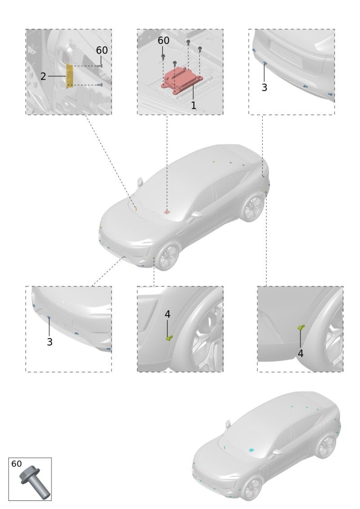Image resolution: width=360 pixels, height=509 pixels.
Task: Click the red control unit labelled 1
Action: pos(182,80)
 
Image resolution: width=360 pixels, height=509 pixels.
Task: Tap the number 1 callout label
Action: pos(193,105)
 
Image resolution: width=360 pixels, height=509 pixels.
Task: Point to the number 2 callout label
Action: pos(43,76)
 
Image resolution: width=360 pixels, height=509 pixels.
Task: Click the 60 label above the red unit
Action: pos(163,40)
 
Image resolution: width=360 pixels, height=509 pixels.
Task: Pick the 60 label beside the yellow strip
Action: pos(102,50)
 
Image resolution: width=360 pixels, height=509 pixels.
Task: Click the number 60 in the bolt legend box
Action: pos(17,464)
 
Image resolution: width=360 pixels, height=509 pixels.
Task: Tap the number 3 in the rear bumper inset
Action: pos(264,87)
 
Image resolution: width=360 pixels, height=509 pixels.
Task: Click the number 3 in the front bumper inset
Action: pos(49,342)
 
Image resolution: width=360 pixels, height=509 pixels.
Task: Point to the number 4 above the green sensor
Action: pos(167,314)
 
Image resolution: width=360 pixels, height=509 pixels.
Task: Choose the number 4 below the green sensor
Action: pos(300,353)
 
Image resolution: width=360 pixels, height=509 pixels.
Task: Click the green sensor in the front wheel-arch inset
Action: pos(169,338)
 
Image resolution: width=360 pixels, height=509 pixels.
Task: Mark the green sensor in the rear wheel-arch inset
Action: pos(301,327)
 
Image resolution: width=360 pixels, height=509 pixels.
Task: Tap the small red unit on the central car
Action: pos(166,212)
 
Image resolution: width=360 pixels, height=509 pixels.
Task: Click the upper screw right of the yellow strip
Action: pos(100,66)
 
